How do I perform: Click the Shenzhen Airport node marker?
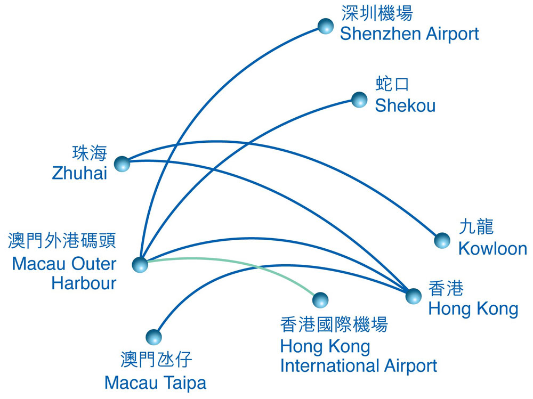(325, 26)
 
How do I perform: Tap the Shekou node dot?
(359, 100)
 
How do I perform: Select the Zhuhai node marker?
(123, 164)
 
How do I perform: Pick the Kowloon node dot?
(442, 241)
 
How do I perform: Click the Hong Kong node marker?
(414, 296)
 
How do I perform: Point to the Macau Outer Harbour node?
(140, 264)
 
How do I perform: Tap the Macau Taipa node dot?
(154, 337)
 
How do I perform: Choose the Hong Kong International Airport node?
(320, 300)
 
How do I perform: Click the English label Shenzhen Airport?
(409, 34)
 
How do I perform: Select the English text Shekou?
(405, 105)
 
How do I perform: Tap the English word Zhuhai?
(79, 173)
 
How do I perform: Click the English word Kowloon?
(492, 248)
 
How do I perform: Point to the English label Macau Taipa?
(155, 383)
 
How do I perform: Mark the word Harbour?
(84, 283)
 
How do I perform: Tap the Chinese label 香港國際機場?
(334, 324)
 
